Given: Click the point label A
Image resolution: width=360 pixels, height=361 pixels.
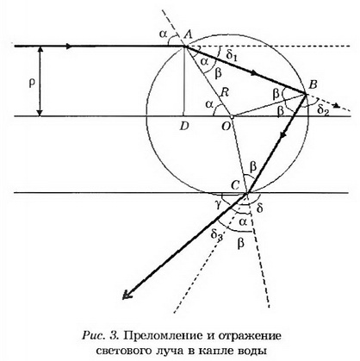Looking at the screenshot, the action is (188, 34).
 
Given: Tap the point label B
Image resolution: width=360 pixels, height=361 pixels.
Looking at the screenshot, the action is (313, 84).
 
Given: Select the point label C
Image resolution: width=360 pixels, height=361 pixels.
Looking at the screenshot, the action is (234, 186).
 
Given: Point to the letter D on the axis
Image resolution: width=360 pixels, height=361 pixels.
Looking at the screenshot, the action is (183, 127).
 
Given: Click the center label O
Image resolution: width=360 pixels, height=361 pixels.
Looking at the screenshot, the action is (226, 127).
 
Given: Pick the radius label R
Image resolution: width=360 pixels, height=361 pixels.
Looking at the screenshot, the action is (224, 93).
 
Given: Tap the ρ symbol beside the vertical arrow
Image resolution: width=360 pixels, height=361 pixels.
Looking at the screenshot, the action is (32, 84).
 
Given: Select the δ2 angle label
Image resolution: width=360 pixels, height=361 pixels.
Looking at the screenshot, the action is (323, 109).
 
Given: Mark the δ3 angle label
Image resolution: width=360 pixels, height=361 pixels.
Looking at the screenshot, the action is (217, 235).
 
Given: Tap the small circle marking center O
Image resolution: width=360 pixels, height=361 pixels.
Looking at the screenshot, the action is (232, 117).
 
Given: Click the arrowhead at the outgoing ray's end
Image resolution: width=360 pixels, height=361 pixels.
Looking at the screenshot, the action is (126, 296).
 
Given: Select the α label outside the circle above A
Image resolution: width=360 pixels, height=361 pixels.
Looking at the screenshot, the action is (163, 34).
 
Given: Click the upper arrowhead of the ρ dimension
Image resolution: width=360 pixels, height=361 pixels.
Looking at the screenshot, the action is (40, 49).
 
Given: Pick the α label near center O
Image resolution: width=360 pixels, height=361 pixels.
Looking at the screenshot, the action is (209, 104).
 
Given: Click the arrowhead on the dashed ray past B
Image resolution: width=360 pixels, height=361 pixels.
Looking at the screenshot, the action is (337, 106).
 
